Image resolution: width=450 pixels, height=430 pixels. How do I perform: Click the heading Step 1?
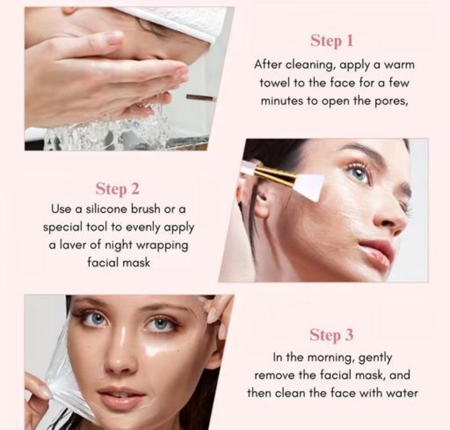[332, 41]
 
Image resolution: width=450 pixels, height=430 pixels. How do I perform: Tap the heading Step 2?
[118, 189]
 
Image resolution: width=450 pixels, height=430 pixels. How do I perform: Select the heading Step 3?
[332, 335]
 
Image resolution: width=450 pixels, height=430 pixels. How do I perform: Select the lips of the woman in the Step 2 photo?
[376, 254]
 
